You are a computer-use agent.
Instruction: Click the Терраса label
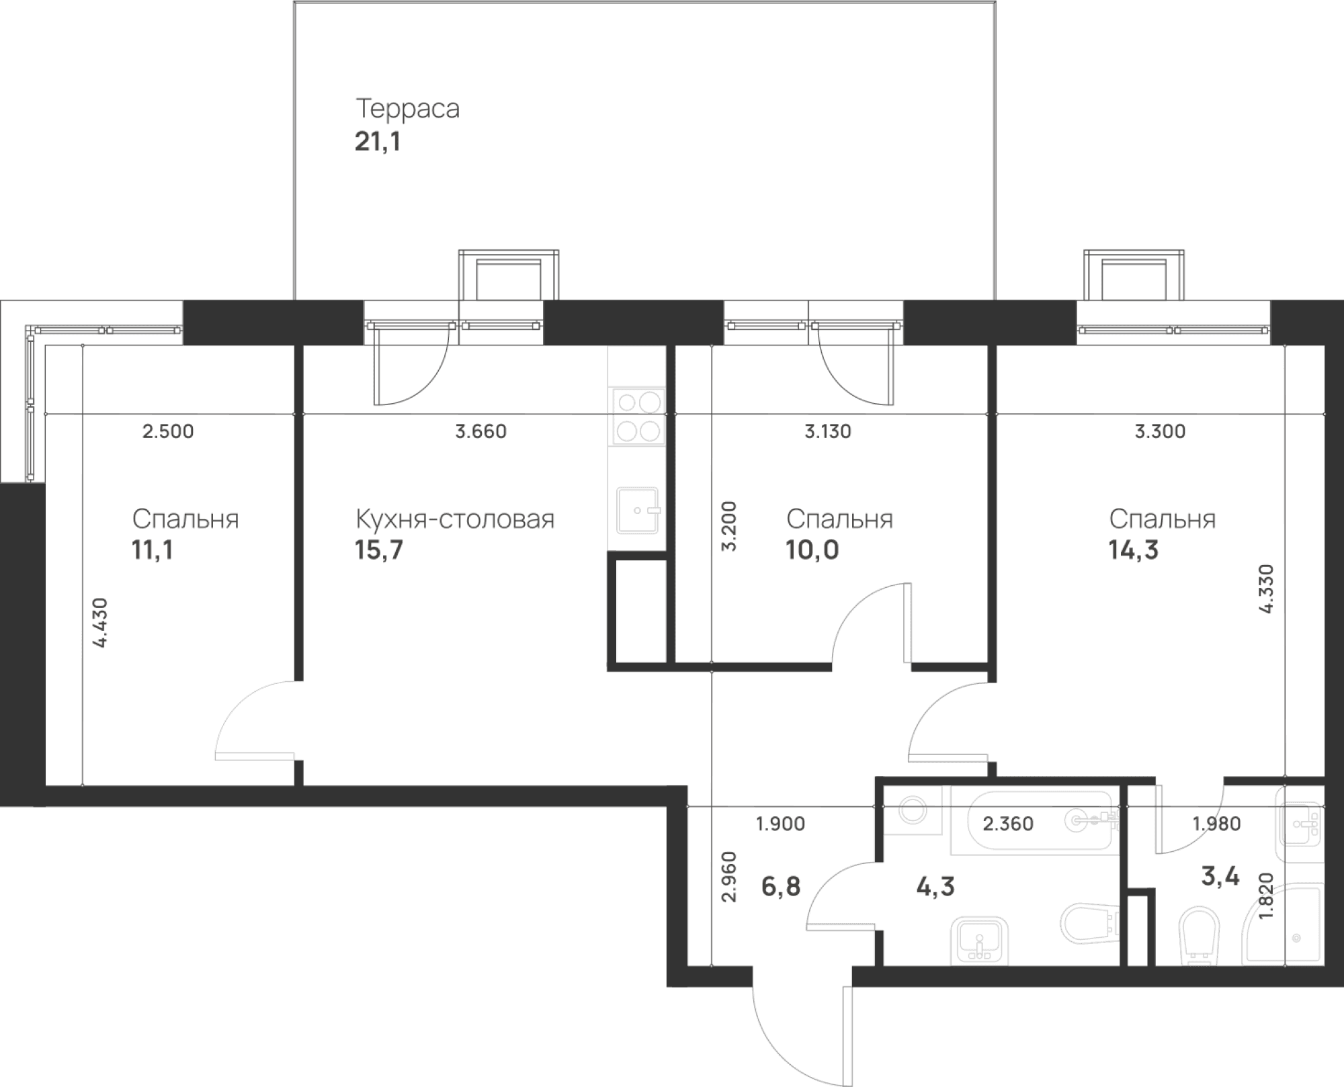(407, 108)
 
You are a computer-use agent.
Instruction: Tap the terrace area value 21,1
(378, 142)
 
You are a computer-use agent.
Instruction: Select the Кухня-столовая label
(455, 519)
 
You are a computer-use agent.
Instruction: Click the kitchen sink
(637, 511)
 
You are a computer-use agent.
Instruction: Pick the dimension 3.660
(481, 431)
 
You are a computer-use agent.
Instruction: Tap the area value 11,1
(153, 550)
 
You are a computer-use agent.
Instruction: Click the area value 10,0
(812, 550)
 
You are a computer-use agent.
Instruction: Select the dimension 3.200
(728, 525)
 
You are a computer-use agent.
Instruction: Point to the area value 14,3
(1133, 550)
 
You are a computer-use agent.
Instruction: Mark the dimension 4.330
(1266, 589)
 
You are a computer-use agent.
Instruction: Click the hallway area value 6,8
(781, 887)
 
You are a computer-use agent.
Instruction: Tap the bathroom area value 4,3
(935, 887)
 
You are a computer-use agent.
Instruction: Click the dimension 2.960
(728, 876)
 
